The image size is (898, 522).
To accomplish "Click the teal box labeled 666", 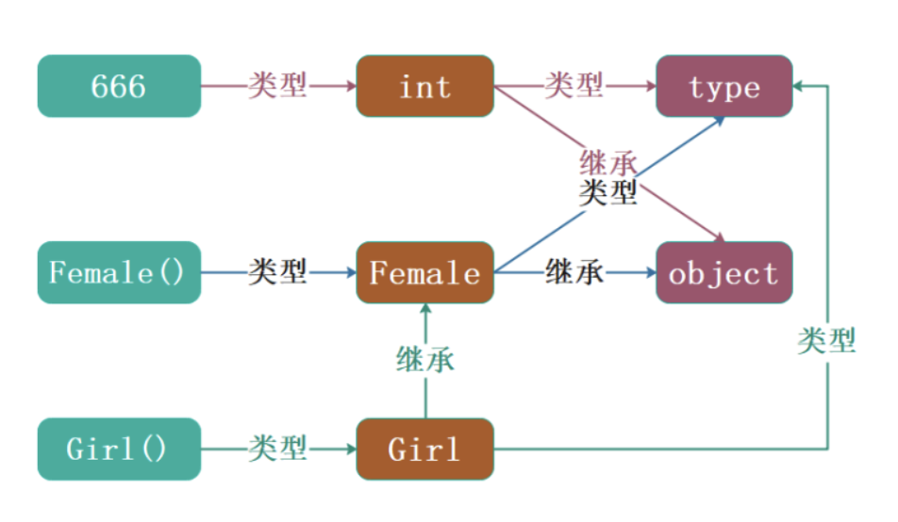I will pyautogui.click(x=119, y=86).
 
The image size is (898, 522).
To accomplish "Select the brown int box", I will pyautogui.click(x=424, y=86).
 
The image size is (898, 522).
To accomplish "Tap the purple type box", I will pyautogui.click(x=724, y=86).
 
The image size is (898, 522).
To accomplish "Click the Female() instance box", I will pyautogui.click(x=119, y=272).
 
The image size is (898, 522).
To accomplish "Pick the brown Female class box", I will pyautogui.click(x=424, y=272).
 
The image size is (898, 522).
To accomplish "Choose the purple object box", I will pyautogui.click(x=724, y=272).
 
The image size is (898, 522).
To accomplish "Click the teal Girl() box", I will pyautogui.click(x=119, y=449).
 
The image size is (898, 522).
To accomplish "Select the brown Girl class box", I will pyautogui.click(x=424, y=449).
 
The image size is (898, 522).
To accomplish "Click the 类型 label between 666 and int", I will pyautogui.click(x=277, y=86).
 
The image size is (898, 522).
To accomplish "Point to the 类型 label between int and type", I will pyautogui.click(x=574, y=86).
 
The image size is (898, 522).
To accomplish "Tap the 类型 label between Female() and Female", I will pyautogui.click(x=277, y=272).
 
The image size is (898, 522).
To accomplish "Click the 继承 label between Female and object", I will pyautogui.click(x=574, y=272).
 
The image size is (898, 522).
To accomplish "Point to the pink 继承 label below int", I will pyautogui.click(x=608, y=163).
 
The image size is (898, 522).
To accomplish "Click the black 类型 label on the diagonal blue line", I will pyautogui.click(x=608, y=193).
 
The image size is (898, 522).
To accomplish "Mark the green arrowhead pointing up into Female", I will pyautogui.click(x=425, y=309).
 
